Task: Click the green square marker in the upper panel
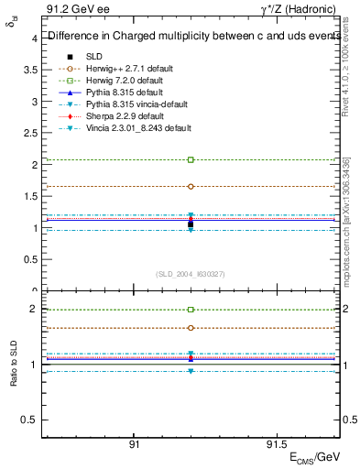[191, 159]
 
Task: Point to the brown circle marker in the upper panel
[191, 186]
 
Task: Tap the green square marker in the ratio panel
[191, 310]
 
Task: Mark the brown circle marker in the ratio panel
[191, 327]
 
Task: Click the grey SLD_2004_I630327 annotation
[190, 273]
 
